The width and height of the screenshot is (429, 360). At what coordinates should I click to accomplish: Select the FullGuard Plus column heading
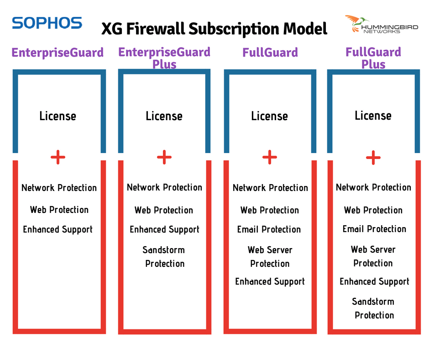pos(373,58)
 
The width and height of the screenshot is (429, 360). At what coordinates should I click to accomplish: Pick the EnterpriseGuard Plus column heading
pos(164,58)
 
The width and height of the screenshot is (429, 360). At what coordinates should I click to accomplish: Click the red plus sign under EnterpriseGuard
pos(58,158)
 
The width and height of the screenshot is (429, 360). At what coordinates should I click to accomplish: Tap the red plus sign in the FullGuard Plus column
pos(373,158)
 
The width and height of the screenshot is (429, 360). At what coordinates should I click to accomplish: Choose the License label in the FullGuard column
pos(269,116)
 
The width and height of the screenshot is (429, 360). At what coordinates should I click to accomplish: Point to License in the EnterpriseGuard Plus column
pos(164,116)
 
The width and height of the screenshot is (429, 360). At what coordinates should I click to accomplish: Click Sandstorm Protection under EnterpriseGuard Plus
pos(164,257)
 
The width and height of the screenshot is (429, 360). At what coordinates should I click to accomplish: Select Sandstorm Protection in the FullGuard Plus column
pos(374,308)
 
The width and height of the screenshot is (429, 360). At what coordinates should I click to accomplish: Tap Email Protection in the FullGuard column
pos(269,229)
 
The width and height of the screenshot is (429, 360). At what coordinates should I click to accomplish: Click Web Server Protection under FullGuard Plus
pos(373,256)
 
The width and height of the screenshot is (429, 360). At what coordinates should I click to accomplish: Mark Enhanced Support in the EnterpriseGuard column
pos(58,229)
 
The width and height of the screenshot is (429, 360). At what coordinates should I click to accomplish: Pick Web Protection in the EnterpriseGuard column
pos(59,210)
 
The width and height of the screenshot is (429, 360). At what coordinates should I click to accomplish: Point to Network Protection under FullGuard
pos(270,188)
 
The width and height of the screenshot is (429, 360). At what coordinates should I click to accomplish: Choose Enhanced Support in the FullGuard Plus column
pos(374,281)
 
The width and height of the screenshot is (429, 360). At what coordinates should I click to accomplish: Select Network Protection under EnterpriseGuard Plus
pos(164,187)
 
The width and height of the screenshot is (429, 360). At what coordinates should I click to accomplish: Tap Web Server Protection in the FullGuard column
pos(270,257)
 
